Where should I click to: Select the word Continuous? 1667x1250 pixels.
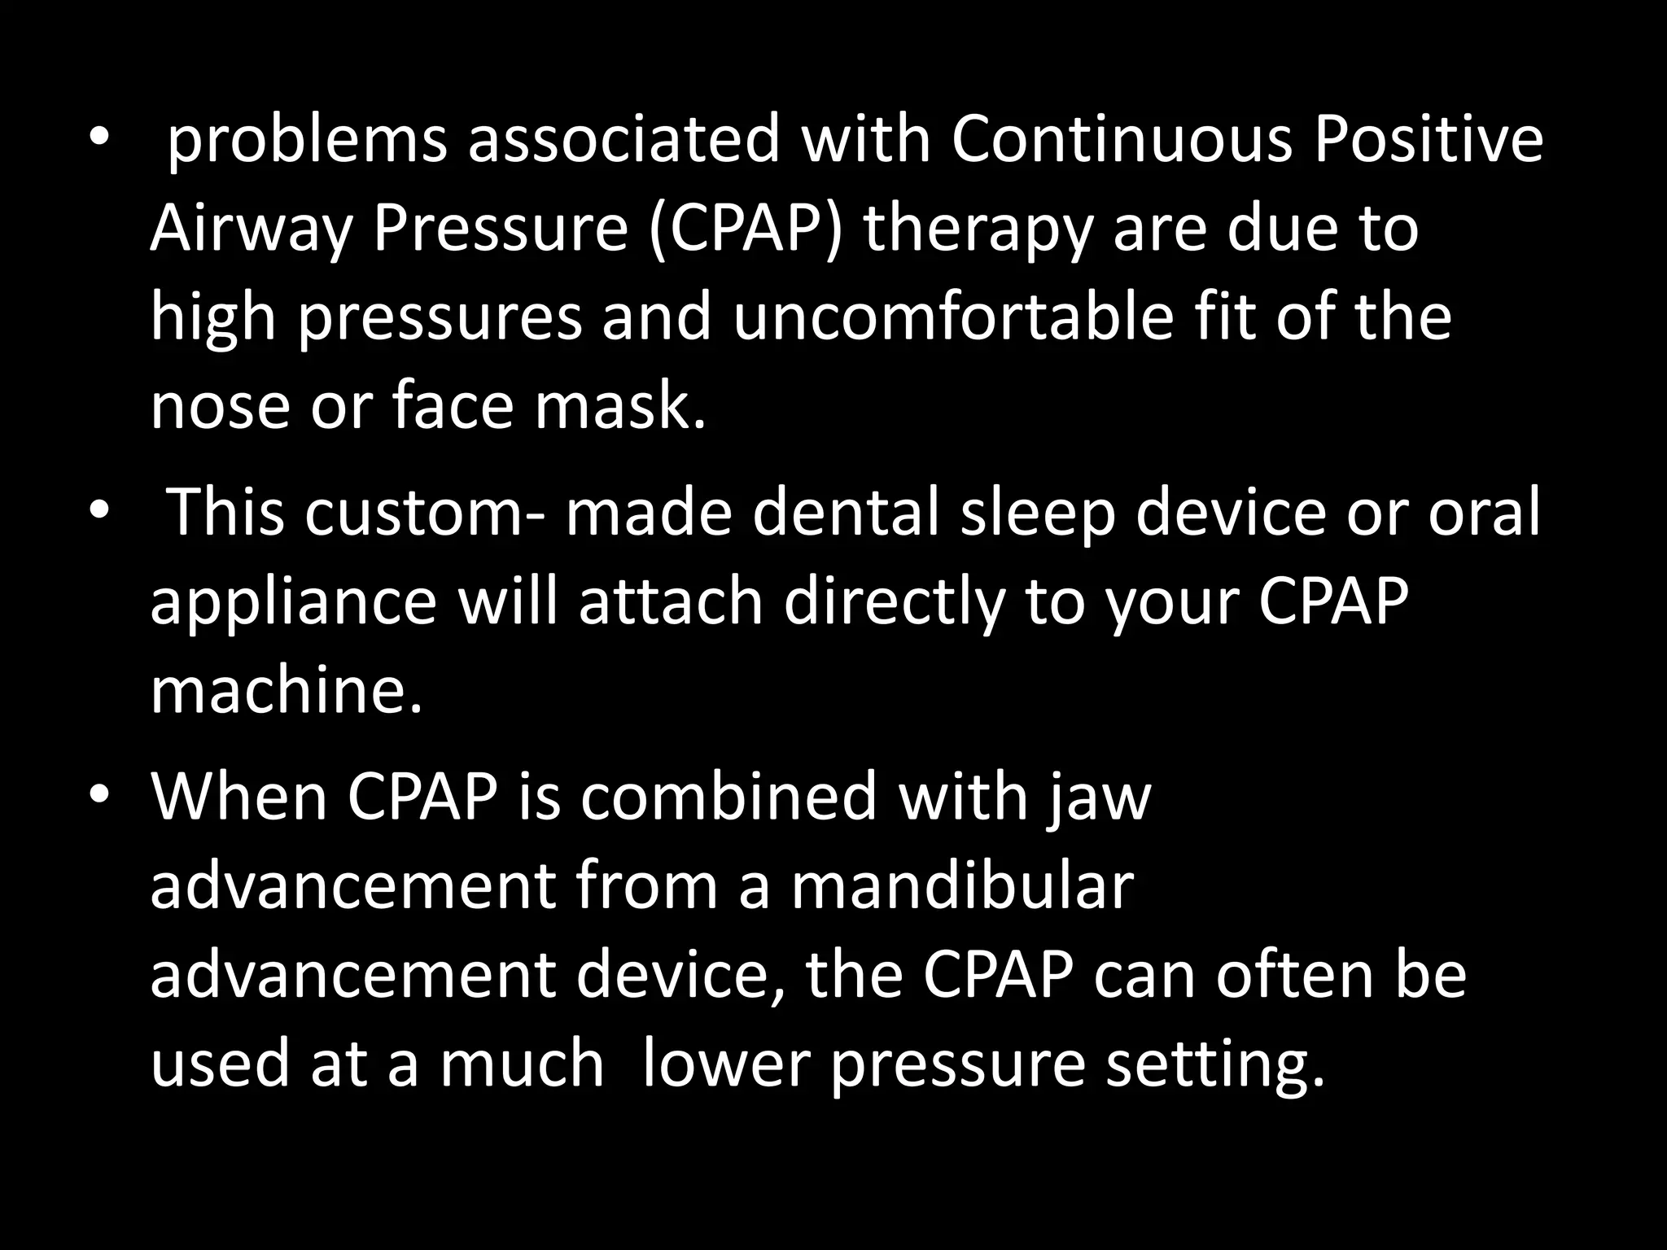1122,139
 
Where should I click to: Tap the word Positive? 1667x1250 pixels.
1429,139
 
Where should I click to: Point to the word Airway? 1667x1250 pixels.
251,230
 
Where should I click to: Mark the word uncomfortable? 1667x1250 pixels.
952,317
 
